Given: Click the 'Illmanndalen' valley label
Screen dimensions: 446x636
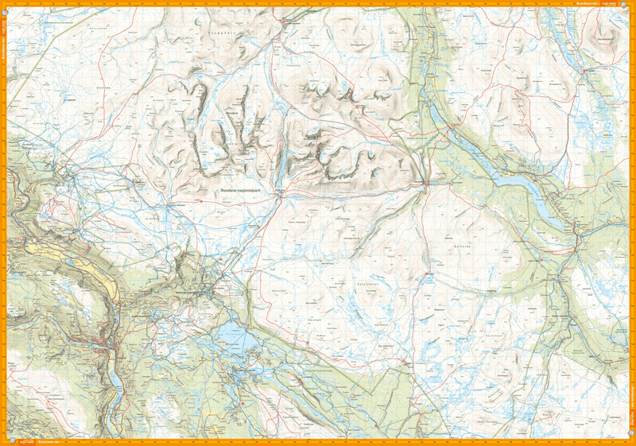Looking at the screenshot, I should [343, 190].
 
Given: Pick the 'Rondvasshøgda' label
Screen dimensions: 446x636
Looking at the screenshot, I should [342, 181].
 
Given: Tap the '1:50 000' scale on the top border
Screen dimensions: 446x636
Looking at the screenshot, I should [611, 4].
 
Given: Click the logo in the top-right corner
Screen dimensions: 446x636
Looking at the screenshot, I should [629, 5].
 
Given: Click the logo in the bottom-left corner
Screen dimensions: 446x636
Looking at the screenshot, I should [6, 440].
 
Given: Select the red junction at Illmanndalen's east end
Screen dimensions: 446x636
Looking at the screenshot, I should [426, 185].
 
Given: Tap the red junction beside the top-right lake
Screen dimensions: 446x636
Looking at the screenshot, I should [584, 71].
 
